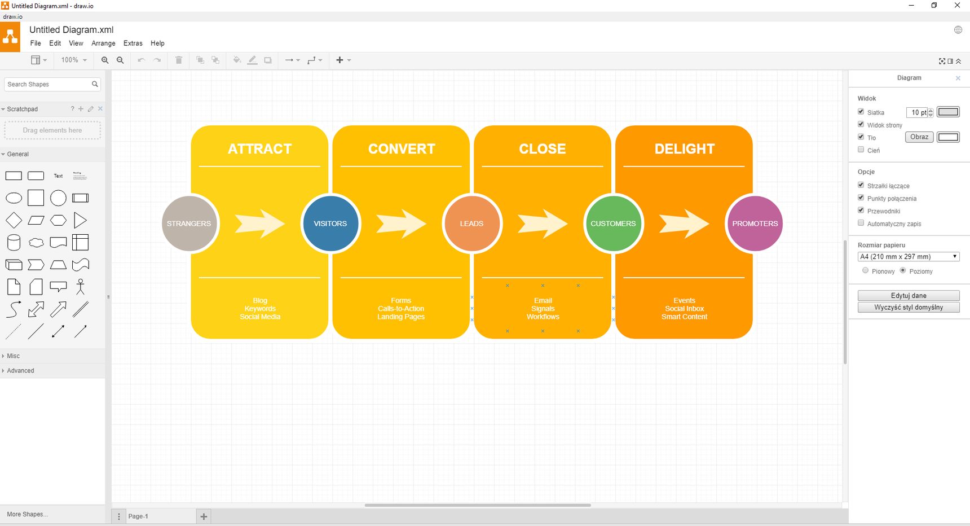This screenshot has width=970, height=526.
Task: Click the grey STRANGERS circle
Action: pos(189,223)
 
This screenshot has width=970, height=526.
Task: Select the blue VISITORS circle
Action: pos(330,223)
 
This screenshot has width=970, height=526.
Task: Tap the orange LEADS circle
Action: pos(471,223)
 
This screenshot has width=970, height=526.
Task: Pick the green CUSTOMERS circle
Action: pos(613,223)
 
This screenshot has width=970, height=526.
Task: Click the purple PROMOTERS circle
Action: pos(755,223)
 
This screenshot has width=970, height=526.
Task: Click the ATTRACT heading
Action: pos(260,149)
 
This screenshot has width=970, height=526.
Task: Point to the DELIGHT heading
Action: pos(685,149)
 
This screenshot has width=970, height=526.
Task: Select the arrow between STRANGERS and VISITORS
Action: pos(260,223)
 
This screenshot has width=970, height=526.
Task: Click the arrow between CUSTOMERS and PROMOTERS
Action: pos(684,223)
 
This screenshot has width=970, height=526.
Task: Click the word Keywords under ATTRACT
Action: pos(260,309)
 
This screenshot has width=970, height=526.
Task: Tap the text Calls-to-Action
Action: pos(401,309)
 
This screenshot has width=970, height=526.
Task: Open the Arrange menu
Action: pos(103,43)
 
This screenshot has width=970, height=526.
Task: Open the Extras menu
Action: pos(133,43)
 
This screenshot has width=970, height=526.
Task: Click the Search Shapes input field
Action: pos(48,84)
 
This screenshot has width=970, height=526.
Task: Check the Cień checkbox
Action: pos(861,150)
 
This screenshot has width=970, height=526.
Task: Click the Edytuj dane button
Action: pos(909,295)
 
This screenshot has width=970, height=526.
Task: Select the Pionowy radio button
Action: pos(866,271)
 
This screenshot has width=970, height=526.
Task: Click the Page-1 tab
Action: pos(138,516)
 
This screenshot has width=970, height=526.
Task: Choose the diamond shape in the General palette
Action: pos(14,220)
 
